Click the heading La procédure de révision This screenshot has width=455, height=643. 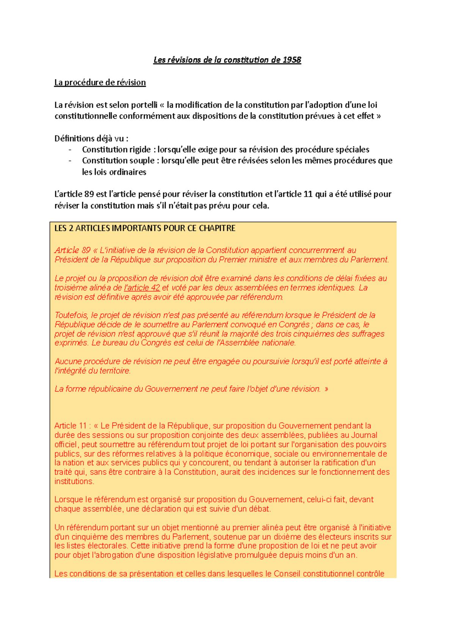coord(100,83)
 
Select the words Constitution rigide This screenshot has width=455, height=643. coord(116,150)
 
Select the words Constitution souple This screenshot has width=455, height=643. coord(118,161)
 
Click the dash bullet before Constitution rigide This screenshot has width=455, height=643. coord(70,150)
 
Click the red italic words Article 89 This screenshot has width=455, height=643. coord(72,250)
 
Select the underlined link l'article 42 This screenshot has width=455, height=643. coord(142,288)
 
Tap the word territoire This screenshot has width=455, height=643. coord(115,371)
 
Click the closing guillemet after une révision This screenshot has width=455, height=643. coord(326,389)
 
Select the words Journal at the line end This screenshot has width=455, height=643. coord(364,435)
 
